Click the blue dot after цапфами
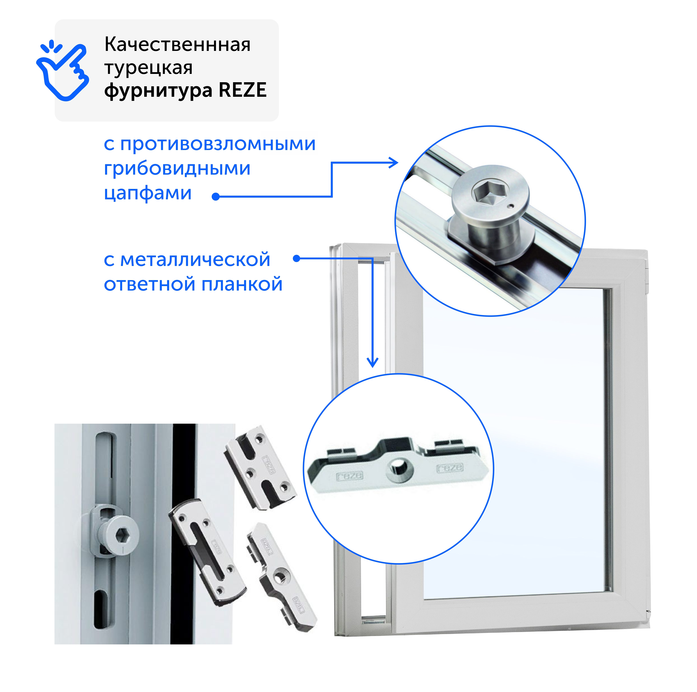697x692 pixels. click(216, 197)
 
